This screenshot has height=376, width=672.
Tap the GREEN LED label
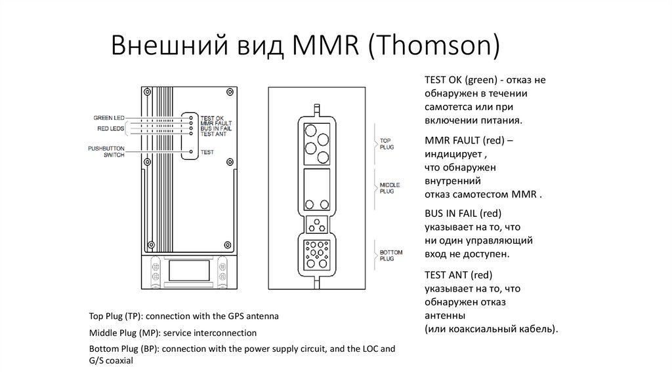(x=109, y=117)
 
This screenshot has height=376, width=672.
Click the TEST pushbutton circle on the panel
(x=191, y=151)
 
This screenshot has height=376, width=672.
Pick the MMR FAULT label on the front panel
(x=216, y=123)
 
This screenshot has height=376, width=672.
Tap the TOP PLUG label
(x=386, y=144)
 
